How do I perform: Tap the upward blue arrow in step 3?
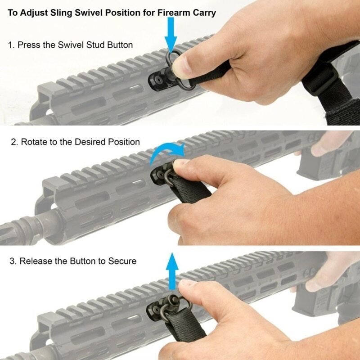tap(171, 270)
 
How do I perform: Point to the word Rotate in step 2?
tap(33, 142)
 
